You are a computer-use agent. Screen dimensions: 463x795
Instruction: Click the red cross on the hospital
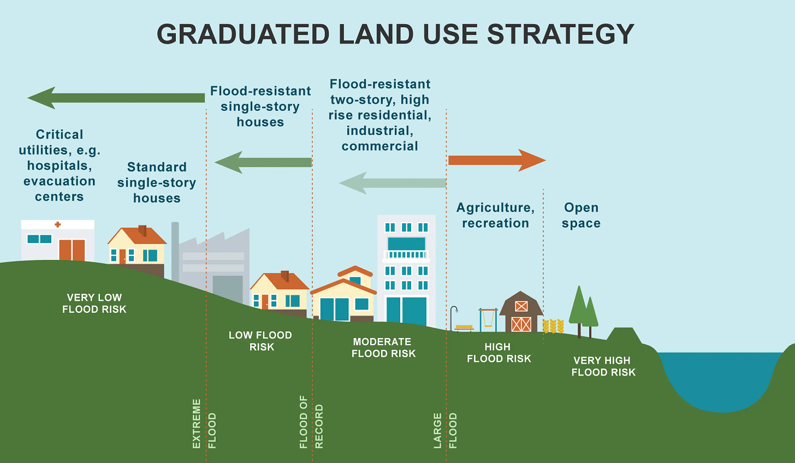coord(57,224)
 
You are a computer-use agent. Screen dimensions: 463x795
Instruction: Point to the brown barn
coord(521,313)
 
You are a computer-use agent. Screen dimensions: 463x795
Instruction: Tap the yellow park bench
coord(464,328)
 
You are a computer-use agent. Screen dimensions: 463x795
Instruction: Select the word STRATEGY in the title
coord(560,34)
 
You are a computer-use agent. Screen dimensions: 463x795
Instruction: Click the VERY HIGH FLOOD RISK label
coord(603,366)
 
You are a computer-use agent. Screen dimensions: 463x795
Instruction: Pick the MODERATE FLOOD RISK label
coord(383,348)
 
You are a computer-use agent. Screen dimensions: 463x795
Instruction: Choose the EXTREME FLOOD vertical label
coord(204,424)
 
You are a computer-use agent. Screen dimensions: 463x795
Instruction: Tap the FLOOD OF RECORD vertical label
coord(311,422)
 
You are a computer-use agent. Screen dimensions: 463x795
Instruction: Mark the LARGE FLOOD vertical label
coord(445,430)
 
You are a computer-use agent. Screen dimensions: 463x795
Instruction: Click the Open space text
coord(581,215)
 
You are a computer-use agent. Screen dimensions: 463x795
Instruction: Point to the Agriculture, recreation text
coord(495,215)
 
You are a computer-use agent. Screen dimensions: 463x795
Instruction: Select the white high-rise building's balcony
coord(406,254)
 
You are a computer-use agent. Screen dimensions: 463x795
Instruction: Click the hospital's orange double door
coord(72,250)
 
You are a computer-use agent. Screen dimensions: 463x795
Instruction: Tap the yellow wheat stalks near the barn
coord(553,326)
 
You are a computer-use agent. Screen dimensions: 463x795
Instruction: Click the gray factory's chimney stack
coord(175,251)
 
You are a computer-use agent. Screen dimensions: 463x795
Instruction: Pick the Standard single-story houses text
coord(157,182)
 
